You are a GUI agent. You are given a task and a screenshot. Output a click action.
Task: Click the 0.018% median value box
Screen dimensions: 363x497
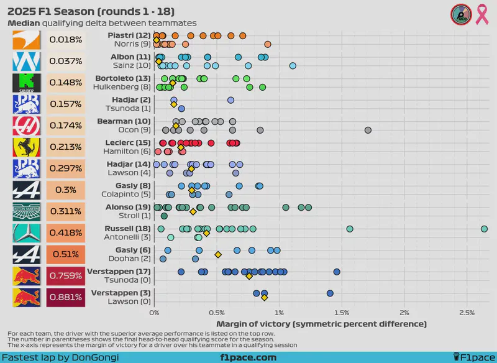(x=65, y=40)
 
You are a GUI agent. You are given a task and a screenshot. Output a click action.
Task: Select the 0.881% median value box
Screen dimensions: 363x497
(x=65, y=296)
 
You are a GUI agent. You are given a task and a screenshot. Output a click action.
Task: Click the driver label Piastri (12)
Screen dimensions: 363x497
(x=129, y=35)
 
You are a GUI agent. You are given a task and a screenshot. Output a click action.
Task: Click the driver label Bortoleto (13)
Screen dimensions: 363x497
(x=123, y=78)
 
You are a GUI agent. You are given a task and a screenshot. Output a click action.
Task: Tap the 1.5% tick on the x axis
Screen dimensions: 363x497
(x=341, y=313)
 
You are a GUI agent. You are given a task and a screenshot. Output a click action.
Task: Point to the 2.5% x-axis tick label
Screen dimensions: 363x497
(x=467, y=313)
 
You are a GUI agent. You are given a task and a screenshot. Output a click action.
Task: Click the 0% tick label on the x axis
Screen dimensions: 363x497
(x=154, y=313)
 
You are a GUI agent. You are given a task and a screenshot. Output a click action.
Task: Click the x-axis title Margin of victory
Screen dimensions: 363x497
(x=321, y=324)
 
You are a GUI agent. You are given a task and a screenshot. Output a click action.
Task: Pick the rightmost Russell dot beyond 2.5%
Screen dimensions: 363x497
(x=484, y=229)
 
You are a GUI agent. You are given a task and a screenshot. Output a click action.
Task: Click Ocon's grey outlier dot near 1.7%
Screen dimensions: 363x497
(x=368, y=131)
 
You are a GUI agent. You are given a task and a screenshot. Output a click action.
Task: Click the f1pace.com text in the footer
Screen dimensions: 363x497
(x=248, y=357)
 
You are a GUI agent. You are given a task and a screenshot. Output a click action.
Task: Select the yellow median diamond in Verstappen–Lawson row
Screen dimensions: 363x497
(x=265, y=298)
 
